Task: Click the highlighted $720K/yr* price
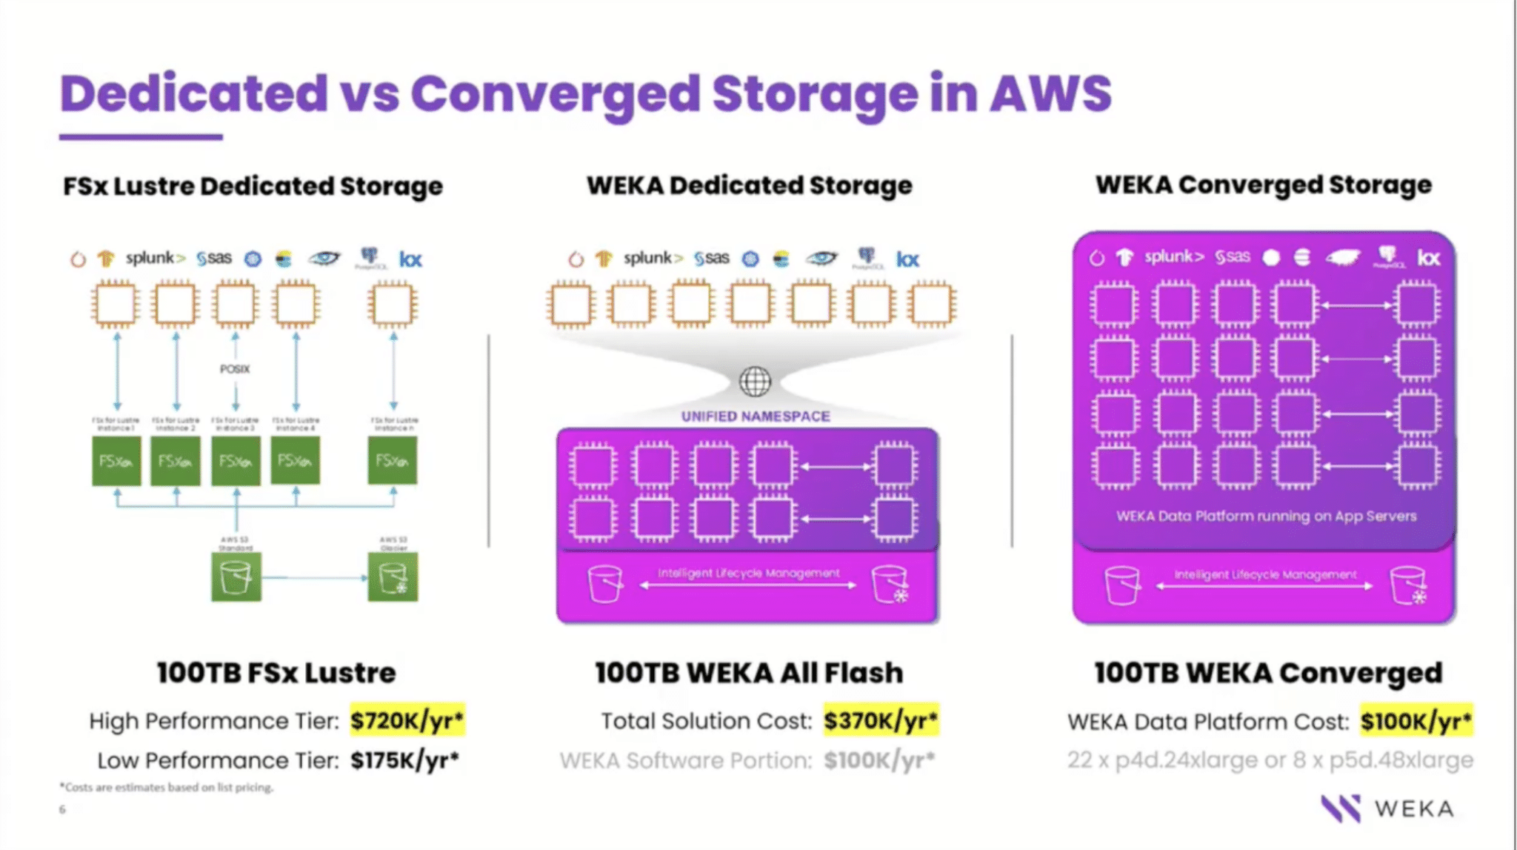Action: point(407,720)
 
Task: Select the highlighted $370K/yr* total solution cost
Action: point(881,720)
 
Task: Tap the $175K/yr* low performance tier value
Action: point(404,760)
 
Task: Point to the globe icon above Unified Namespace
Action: point(755,382)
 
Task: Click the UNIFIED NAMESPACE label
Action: point(756,416)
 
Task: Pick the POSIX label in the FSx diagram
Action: point(235,369)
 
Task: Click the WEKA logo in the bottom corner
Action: point(1387,809)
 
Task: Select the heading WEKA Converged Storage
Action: point(1264,185)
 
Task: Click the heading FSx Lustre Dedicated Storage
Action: point(253,186)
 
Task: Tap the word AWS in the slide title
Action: point(1051,94)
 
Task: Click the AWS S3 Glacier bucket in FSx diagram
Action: point(393,577)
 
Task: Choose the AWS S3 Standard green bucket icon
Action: point(236,577)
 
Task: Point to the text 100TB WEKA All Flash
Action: point(749,673)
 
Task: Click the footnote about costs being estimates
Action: point(167,787)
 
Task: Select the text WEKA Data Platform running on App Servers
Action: point(1266,516)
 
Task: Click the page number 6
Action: point(62,809)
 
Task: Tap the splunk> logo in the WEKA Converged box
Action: point(1174,257)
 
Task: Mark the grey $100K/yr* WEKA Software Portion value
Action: point(879,760)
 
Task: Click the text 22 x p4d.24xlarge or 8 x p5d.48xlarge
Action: point(1270,760)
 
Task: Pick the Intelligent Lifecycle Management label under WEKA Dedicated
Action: point(748,573)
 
